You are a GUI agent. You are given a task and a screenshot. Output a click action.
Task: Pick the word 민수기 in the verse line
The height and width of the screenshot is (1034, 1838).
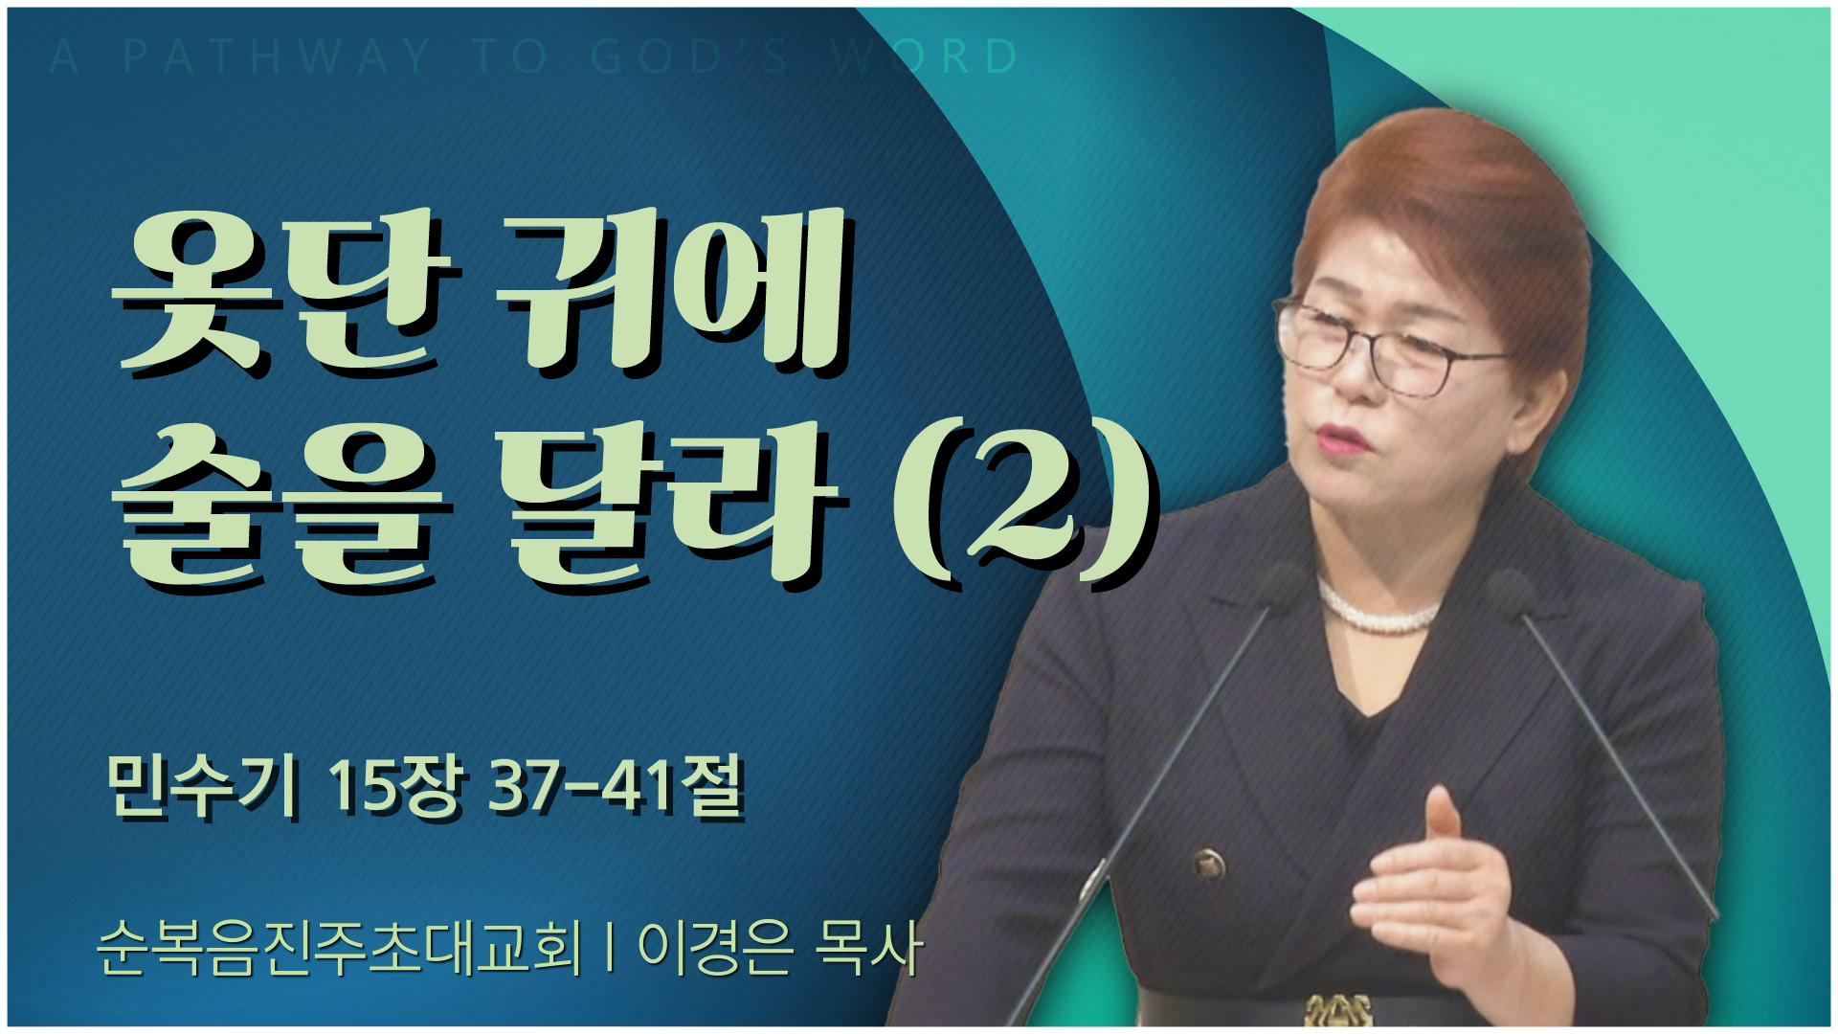202,787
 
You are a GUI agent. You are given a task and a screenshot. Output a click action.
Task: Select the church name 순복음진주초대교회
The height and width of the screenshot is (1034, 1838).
340,948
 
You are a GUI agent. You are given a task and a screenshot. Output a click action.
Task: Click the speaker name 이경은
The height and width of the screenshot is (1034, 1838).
716,948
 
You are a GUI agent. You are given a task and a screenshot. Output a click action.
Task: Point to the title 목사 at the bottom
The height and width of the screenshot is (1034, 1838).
867,948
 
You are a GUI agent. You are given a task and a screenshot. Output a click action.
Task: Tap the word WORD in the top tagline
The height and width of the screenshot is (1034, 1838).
924,56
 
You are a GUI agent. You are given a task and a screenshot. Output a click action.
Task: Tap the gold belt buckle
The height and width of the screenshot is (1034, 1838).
1338,1009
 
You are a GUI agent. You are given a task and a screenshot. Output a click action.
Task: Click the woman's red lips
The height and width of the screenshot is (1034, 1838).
1338,440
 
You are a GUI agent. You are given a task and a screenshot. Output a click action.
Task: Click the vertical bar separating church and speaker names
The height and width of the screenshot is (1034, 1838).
610,948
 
